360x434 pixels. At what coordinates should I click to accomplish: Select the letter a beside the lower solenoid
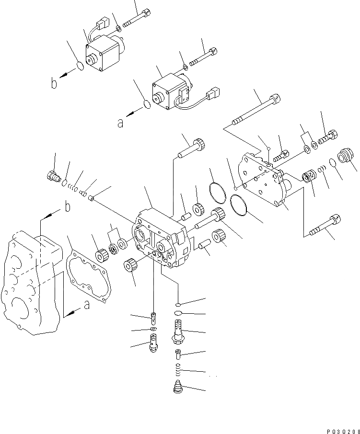point(120,123)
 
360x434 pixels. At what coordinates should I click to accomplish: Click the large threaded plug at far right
point(345,157)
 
